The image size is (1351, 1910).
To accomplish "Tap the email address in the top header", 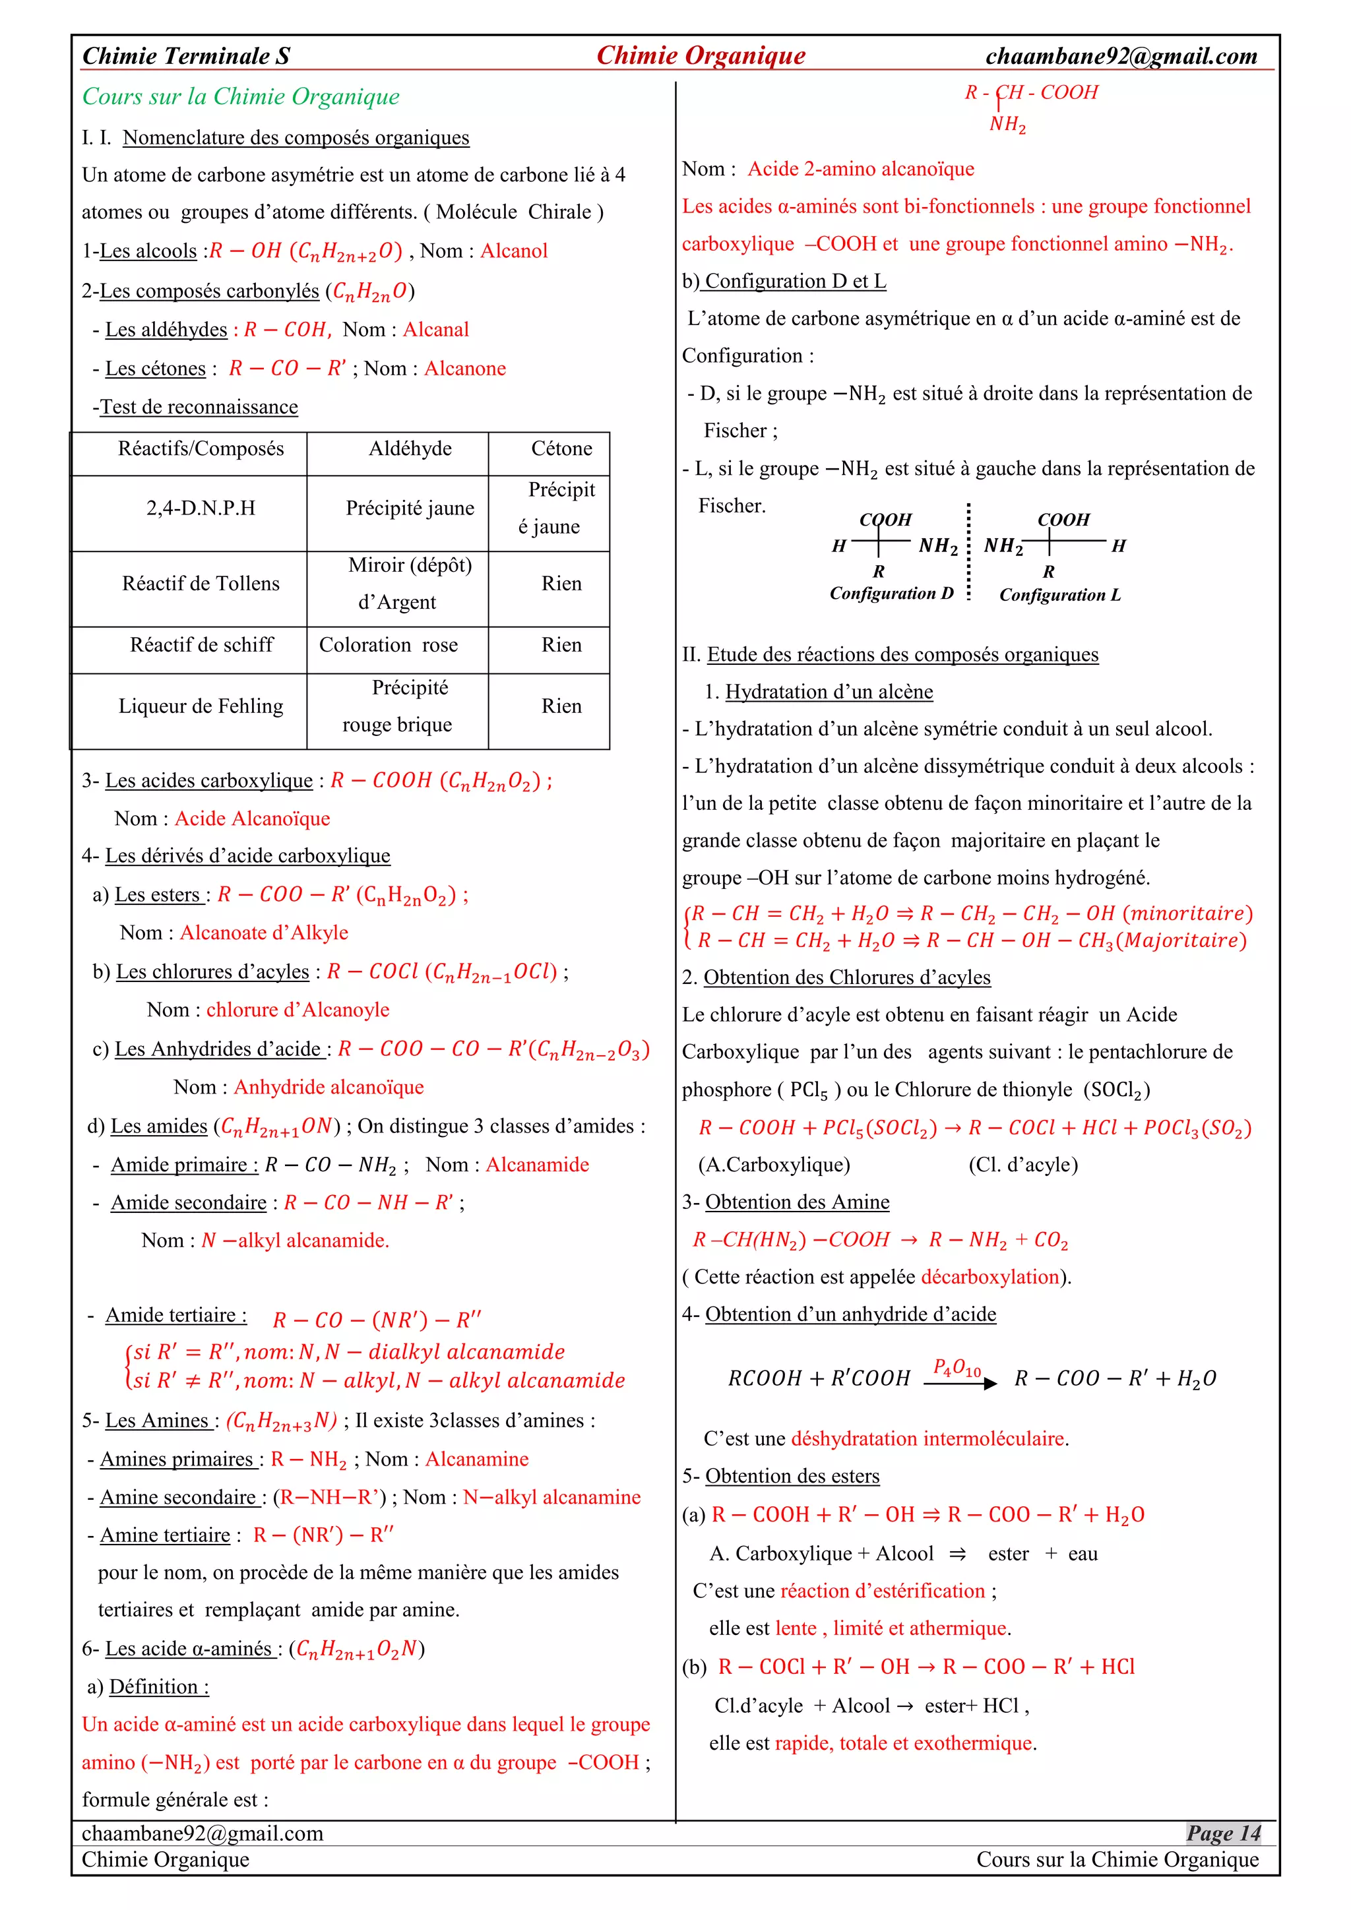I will tap(1121, 56).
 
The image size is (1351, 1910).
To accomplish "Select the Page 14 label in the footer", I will tap(1223, 1833).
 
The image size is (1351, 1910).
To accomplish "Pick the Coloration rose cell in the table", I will tap(389, 645).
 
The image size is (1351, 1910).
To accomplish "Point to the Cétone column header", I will tap(561, 448).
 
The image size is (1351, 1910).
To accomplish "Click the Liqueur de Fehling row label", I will tap(201, 706).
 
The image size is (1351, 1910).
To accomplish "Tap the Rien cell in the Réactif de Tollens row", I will tap(561, 583).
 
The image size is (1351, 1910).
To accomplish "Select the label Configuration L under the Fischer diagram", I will tap(1060, 595).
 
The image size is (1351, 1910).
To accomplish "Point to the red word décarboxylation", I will tap(990, 1277).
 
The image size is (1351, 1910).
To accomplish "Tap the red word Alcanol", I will tap(513, 251).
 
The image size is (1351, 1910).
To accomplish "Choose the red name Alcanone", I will tap(465, 369).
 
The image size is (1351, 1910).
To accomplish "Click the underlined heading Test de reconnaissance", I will tap(199, 407).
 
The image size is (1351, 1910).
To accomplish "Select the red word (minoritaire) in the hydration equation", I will tap(1187, 913).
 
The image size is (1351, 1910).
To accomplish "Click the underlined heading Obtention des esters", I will tap(792, 1476).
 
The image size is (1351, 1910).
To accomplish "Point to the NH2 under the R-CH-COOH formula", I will tap(1007, 124).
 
